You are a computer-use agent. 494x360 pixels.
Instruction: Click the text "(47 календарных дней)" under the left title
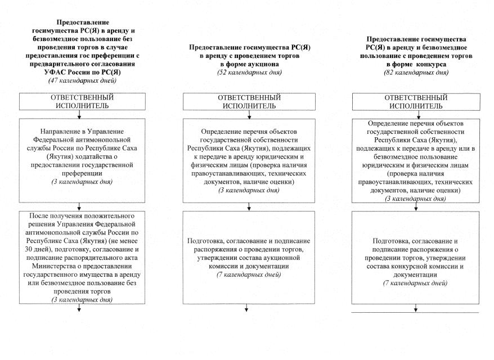coord(79,81)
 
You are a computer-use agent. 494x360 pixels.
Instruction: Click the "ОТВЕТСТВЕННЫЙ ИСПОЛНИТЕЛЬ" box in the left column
coord(79,101)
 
